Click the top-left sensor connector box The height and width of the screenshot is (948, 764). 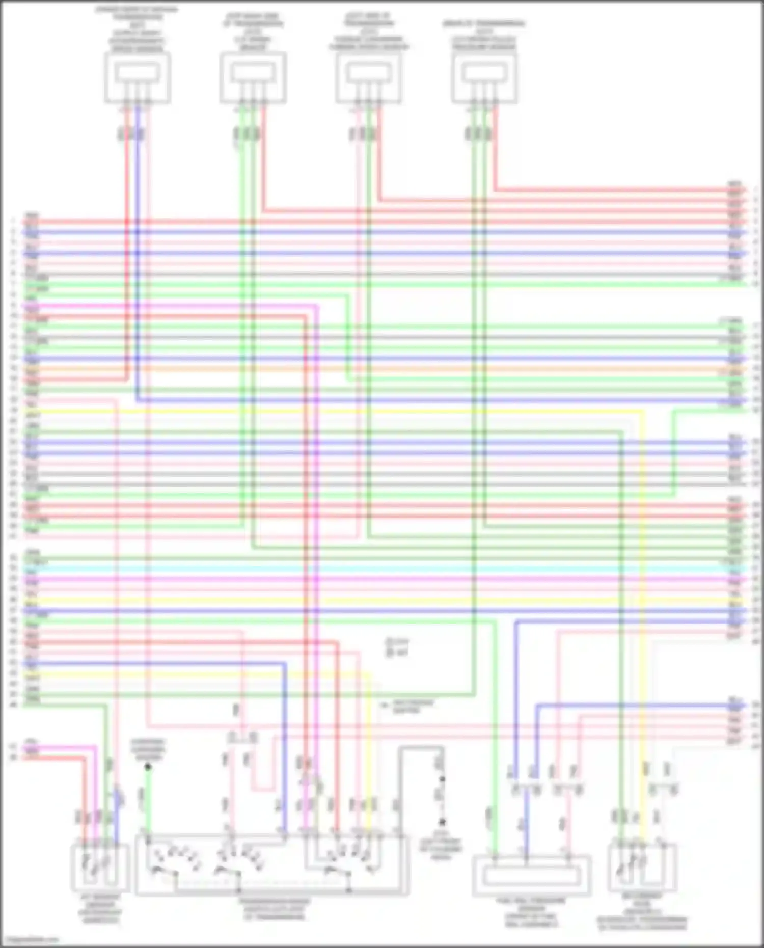click(137, 78)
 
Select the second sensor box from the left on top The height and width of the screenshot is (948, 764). click(253, 78)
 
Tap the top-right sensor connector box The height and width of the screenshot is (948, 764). click(484, 78)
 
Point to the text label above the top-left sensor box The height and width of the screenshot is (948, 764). click(137, 30)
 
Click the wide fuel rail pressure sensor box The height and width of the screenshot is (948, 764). click(531, 876)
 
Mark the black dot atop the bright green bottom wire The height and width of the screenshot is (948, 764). click(148, 767)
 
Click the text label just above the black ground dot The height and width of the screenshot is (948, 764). click(148, 749)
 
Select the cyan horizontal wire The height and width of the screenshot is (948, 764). click(382, 569)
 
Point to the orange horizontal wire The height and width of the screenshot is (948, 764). click(382, 369)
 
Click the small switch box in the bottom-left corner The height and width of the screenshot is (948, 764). click(100, 868)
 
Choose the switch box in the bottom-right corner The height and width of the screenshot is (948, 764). click(642, 868)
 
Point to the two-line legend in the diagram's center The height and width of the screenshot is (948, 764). click(397, 647)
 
